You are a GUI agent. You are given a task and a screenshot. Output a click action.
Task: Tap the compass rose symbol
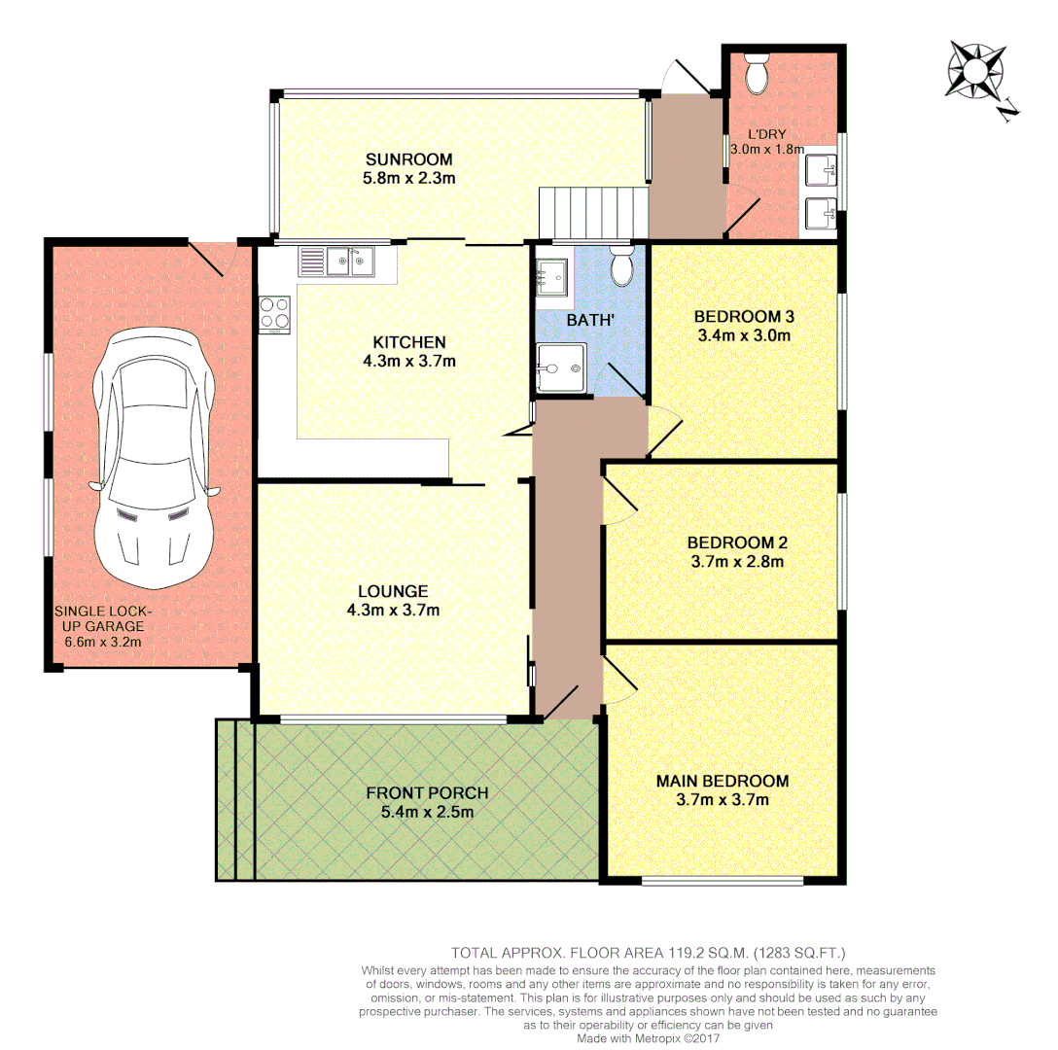pyautogui.click(x=974, y=71)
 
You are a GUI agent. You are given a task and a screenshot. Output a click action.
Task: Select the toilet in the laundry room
pyautogui.click(x=756, y=72)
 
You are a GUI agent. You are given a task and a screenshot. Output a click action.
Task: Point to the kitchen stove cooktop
pyautogui.click(x=273, y=314)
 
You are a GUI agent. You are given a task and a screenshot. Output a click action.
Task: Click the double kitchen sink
pyautogui.click(x=349, y=260)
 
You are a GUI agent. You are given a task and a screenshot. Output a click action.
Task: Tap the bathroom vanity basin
pyautogui.click(x=553, y=276)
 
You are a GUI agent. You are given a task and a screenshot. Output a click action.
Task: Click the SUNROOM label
pyautogui.click(x=408, y=159)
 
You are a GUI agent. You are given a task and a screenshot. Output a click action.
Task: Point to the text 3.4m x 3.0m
pyautogui.click(x=743, y=336)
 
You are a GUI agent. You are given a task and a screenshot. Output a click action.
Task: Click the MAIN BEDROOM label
pyautogui.click(x=722, y=781)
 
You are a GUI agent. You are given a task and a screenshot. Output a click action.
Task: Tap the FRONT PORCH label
pyautogui.click(x=427, y=792)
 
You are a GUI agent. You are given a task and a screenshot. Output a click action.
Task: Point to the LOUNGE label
pyautogui.click(x=393, y=590)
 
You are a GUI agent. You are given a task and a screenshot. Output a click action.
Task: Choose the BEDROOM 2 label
pyautogui.click(x=736, y=542)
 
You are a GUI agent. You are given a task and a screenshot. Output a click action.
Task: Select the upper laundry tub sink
pyautogui.click(x=822, y=171)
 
